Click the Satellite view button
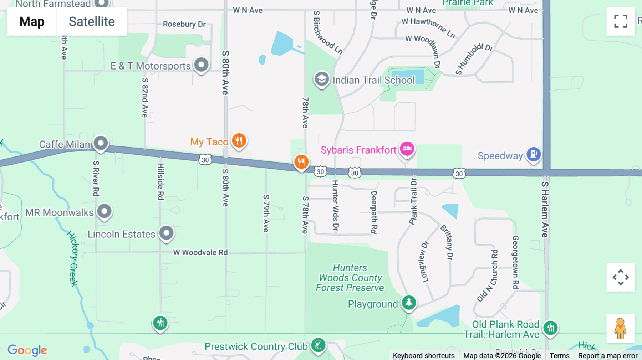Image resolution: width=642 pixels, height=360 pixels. click(92, 21)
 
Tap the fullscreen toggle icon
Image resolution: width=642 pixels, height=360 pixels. click(621, 21)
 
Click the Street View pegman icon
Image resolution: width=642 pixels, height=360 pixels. click(621, 328)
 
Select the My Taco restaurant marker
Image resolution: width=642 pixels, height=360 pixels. click(239, 140)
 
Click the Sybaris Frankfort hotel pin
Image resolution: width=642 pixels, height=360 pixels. click(407, 148)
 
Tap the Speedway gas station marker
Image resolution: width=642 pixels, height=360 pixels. click(534, 154)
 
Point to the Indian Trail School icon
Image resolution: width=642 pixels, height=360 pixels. click(321, 79)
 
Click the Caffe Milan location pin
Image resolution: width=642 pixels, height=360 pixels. click(101, 143)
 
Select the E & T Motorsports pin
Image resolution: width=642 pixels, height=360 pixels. click(202, 65)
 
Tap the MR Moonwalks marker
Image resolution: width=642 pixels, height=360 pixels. click(104, 211)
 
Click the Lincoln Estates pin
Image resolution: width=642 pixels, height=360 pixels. click(166, 233)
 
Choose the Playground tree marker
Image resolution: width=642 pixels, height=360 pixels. click(409, 303)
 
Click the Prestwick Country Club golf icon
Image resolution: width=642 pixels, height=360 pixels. click(318, 345)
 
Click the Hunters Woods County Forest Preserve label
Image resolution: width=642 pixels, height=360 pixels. click(350, 278)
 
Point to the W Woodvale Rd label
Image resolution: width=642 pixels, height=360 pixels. click(200, 252)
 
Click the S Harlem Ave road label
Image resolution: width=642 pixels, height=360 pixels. click(545, 209)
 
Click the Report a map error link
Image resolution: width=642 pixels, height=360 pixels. click(607, 356)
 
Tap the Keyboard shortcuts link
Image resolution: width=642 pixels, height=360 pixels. click(423, 356)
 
